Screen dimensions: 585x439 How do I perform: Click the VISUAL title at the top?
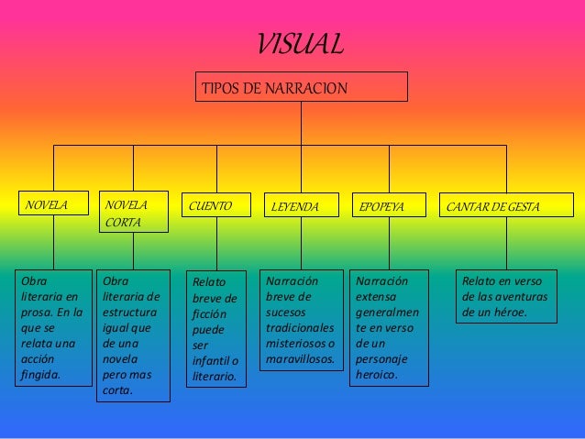click(300, 43)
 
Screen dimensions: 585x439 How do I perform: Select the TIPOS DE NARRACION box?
click(302, 87)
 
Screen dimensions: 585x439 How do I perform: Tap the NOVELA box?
click(53, 203)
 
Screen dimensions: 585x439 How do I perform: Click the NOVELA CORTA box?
click(134, 212)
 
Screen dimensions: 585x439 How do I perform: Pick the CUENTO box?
click(216, 206)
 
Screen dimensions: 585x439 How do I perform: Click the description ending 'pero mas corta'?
click(134, 335)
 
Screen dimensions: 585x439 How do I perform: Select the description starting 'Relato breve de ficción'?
click(216, 329)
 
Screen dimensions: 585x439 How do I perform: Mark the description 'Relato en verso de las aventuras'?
click(505, 297)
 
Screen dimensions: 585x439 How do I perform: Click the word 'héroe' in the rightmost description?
click(512, 313)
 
